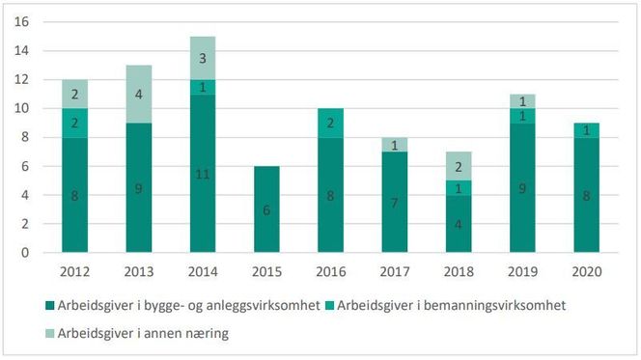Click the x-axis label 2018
(457, 270)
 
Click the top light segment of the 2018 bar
(457, 166)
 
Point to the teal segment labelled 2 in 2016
(331, 123)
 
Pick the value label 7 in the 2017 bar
(394, 203)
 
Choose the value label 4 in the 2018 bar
(457, 225)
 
